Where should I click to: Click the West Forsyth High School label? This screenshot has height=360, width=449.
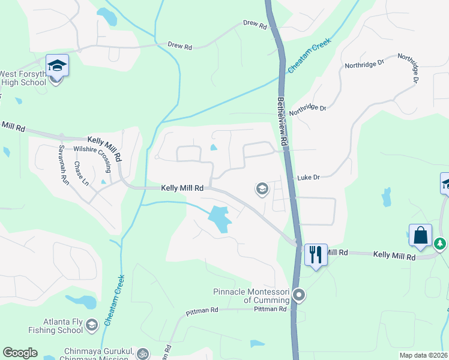click(x=24, y=78)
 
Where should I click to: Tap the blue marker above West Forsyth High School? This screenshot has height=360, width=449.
click(x=57, y=65)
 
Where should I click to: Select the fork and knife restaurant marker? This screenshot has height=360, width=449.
click(x=315, y=254)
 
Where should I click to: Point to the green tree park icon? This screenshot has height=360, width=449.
click(x=440, y=244)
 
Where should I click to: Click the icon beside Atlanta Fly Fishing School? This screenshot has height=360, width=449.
click(x=91, y=325)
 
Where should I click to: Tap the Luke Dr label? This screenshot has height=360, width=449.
click(x=309, y=178)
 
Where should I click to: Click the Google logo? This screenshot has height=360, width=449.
click(x=20, y=353)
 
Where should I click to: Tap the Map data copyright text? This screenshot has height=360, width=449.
click(x=424, y=355)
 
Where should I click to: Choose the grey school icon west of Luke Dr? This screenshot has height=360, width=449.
click(x=262, y=190)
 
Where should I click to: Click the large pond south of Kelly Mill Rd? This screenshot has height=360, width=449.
click(x=220, y=219)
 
